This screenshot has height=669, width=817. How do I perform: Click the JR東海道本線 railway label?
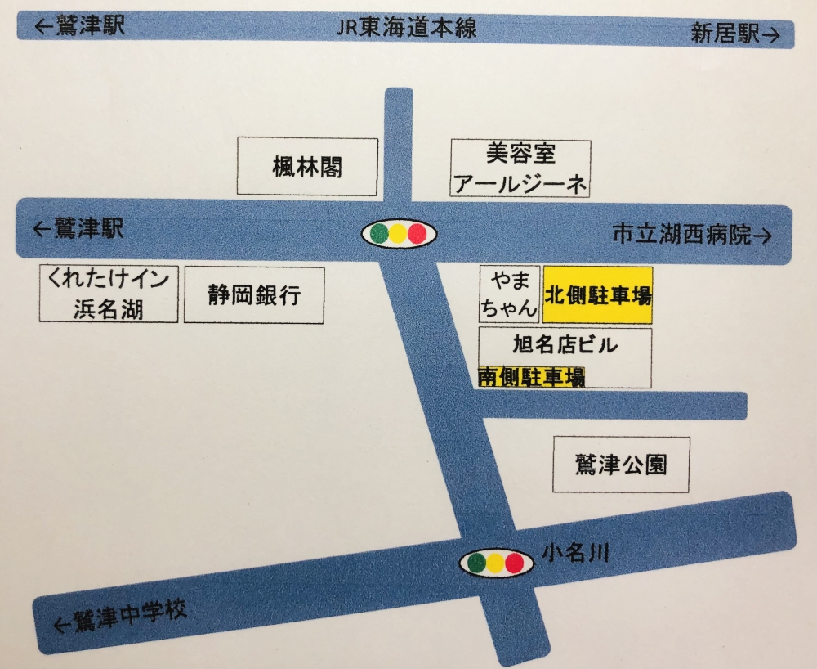(406, 30)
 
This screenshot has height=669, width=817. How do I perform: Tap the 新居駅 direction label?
(734, 34)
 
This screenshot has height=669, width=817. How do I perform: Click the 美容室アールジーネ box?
(520, 168)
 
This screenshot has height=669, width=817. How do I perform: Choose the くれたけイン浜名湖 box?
(109, 294)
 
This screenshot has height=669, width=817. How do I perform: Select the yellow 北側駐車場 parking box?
(597, 294)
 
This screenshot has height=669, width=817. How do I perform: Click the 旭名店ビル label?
(565, 344)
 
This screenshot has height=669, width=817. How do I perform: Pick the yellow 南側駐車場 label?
(532, 377)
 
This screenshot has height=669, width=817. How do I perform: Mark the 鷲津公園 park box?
(621, 465)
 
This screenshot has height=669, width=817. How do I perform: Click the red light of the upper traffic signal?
(418, 234)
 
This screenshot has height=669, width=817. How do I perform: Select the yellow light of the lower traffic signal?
(495, 563)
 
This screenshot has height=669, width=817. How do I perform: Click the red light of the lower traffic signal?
(514, 563)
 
